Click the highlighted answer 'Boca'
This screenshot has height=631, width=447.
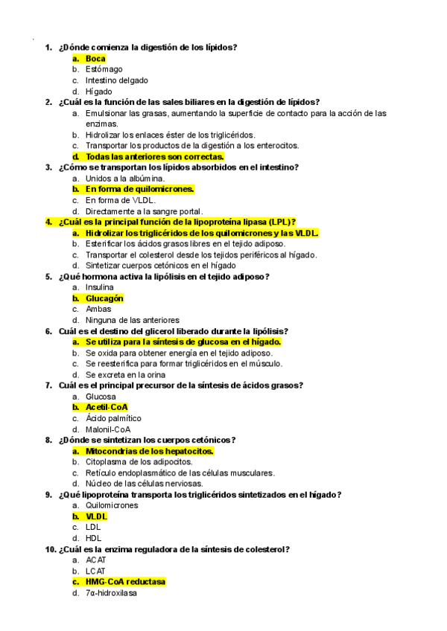point(95,58)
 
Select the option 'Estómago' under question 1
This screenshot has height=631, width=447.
point(104,69)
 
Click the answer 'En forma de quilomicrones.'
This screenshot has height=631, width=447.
point(139,189)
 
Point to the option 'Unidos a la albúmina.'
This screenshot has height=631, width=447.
point(125,179)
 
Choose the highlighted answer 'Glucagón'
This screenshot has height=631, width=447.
point(104,298)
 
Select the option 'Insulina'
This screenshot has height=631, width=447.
point(100,287)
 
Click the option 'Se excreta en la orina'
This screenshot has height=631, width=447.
point(125,374)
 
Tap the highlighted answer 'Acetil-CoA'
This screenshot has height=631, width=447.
point(107,407)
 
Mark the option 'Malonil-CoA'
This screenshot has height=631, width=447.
point(108,429)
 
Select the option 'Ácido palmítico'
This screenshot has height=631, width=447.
point(113,418)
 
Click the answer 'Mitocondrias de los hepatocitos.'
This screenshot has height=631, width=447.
point(150,451)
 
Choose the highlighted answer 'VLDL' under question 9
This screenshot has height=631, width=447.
point(96,516)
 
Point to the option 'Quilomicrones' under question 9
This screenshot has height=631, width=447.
point(112,505)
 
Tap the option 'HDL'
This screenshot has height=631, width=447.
point(94,538)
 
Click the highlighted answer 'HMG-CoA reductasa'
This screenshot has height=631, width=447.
point(125,581)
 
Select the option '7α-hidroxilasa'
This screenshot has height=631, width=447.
point(111,593)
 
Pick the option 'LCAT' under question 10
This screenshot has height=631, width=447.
point(95,571)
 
